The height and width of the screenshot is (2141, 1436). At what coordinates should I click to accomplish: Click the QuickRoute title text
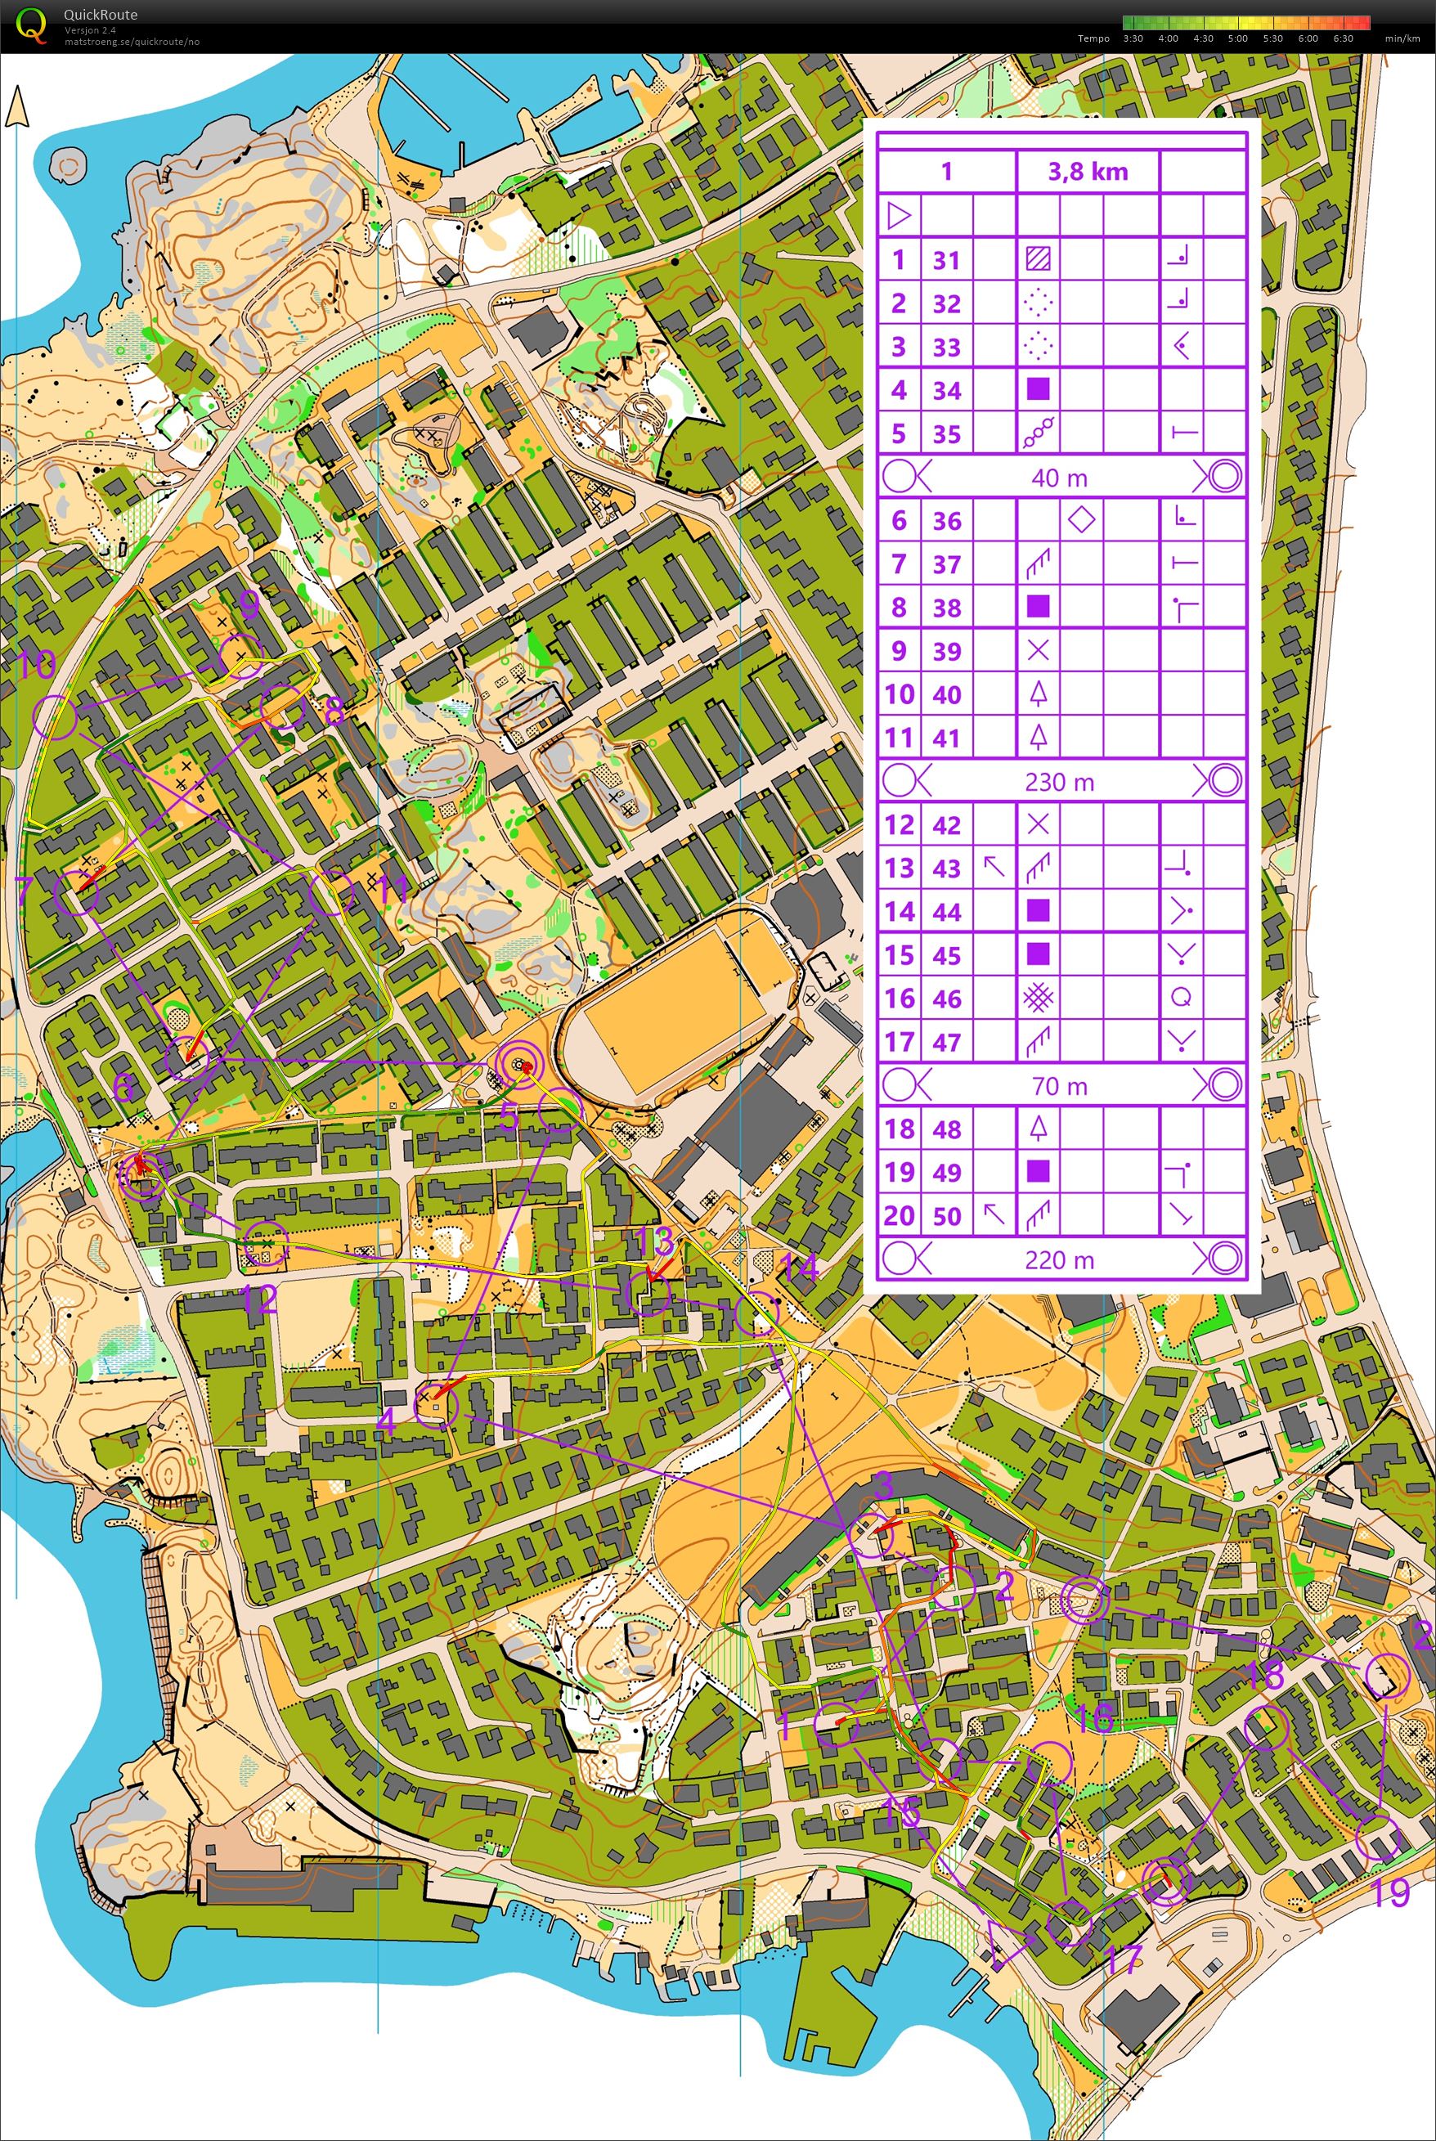(100, 15)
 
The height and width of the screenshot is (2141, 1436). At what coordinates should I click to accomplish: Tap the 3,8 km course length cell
(1087, 171)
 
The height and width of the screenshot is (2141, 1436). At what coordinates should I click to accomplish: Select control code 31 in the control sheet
(946, 260)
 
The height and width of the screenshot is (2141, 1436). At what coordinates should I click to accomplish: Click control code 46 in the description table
(946, 999)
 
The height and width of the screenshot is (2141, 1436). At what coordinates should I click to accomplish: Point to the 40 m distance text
(1060, 477)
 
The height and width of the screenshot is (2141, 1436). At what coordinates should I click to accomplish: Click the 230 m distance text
(1060, 782)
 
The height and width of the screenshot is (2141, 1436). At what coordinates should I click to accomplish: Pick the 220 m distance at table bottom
(1060, 1260)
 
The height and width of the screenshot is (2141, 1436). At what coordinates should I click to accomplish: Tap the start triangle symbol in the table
(900, 216)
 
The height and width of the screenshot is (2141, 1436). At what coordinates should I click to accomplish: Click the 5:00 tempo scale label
(1237, 38)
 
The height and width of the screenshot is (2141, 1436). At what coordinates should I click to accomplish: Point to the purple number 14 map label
(799, 1268)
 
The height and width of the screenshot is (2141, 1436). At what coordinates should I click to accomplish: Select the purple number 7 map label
(25, 888)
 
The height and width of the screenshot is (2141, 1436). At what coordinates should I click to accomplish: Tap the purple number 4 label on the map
(387, 1422)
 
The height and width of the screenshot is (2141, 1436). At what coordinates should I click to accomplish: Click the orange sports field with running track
(673, 1002)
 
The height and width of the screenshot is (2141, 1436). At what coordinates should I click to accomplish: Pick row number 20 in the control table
(899, 1216)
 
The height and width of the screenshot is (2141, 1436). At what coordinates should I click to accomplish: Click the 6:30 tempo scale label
(1343, 38)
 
